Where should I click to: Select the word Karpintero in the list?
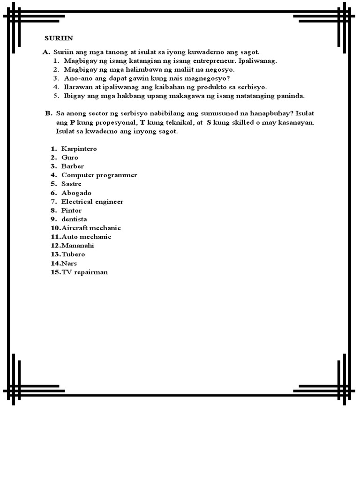point(79,149)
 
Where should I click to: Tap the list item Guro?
point(70,157)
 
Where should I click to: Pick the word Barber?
point(73,166)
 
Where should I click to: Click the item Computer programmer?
point(99,175)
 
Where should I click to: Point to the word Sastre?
point(71,184)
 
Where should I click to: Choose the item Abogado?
point(76,193)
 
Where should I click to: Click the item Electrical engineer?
point(92,202)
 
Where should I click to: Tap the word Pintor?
point(71,210)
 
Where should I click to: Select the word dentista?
point(74,219)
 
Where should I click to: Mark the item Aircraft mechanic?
point(91,228)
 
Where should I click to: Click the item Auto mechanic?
point(86,237)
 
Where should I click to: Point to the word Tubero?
point(73,254)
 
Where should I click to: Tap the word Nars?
point(69,263)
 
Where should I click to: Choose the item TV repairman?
point(84,272)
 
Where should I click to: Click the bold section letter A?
point(46,52)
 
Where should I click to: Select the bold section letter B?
point(48,113)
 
